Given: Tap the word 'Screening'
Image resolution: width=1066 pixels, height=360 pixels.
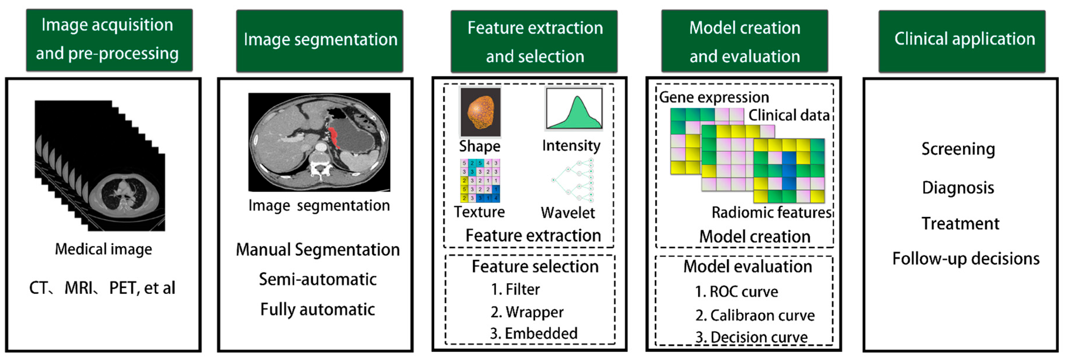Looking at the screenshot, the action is [x=958, y=149].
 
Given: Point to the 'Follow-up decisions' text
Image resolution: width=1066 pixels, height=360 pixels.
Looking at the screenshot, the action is [x=966, y=259].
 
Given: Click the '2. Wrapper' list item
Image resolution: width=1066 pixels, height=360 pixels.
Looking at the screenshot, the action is [x=527, y=312].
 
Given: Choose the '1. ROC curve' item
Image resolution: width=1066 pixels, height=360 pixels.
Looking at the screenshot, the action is [x=737, y=292].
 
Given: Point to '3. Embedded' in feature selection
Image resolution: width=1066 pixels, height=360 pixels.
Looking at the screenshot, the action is [x=534, y=333].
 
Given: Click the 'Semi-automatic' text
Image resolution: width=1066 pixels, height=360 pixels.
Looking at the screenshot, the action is [x=318, y=279].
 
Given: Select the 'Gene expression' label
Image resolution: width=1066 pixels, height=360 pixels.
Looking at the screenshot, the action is [x=714, y=97].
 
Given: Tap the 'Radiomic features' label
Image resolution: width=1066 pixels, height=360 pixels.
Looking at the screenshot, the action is [x=771, y=212].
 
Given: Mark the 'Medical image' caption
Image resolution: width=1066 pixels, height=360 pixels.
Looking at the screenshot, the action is [x=103, y=249].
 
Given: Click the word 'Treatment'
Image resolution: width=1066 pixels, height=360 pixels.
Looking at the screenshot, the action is [x=960, y=223].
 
